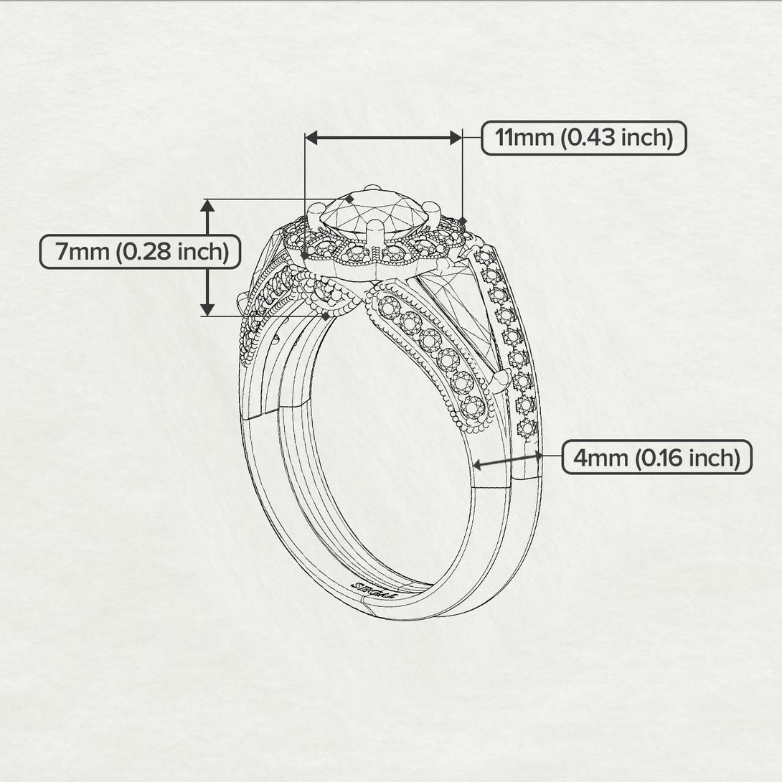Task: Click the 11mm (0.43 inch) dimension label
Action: pyautogui.click(x=583, y=138)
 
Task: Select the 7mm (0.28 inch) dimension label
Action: pyautogui.click(x=140, y=252)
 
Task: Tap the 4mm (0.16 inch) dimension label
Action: pyautogui.click(x=656, y=457)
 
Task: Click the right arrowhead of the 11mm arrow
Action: pyautogui.click(x=456, y=138)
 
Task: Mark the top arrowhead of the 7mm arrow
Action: pyautogui.click(x=207, y=205)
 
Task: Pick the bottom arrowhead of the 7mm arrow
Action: pyautogui.click(x=207, y=309)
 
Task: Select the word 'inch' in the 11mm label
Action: pyautogui.click(x=647, y=138)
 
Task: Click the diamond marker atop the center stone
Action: pyautogui.click(x=350, y=198)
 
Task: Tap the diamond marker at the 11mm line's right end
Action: pyautogui.click(x=463, y=220)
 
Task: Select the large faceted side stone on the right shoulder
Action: pyautogui.click(x=459, y=308)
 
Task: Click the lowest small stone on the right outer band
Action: pyautogui.click(x=527, y=428)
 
